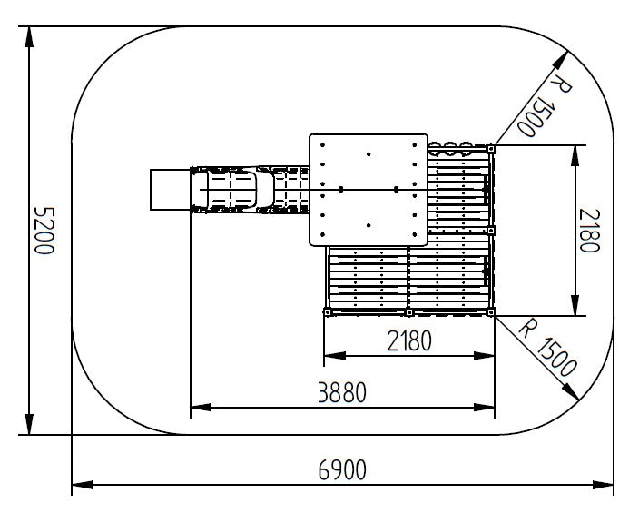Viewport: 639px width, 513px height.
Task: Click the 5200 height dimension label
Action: click(x=44, y=231)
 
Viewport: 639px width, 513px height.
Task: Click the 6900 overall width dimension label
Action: click(x=342, y=469)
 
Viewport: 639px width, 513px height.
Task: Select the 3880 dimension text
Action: click(x=342, y=392)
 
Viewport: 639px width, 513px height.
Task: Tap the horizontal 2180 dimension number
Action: click(x=408, y=340)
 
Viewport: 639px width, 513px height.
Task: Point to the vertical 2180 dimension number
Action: click(x=590, y=231)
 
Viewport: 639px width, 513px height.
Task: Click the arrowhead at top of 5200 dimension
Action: click(x=29, y=37)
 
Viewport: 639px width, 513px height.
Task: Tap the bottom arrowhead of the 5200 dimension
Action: click(x=29, y=424)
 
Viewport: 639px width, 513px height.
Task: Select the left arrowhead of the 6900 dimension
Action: click(x=83, y=485)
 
